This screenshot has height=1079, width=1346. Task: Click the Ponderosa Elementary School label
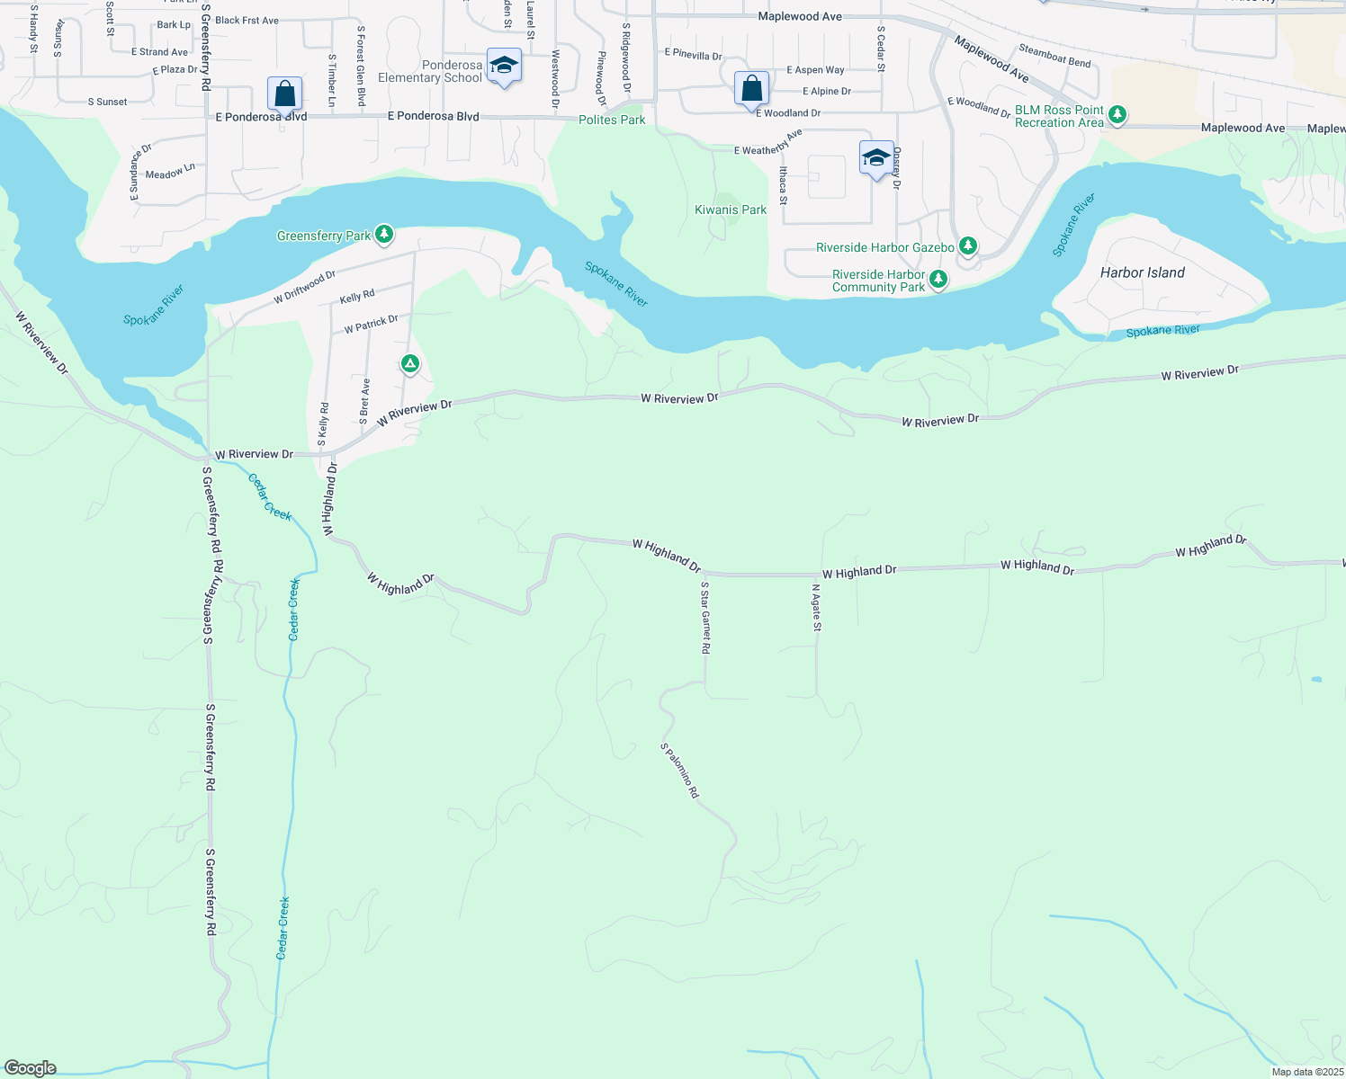point(430,72)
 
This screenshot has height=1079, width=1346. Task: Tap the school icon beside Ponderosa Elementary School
point(504,66)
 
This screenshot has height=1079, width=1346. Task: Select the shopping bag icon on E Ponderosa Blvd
point(284,94)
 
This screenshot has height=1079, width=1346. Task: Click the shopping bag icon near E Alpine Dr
point(751,89)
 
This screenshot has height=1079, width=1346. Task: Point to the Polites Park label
point(612,120)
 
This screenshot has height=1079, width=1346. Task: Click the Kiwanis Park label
point(731,210)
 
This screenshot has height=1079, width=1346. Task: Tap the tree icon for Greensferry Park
point(384,235)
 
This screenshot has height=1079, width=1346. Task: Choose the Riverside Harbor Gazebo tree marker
point(967,245)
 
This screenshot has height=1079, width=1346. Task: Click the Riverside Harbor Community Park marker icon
point(938,280)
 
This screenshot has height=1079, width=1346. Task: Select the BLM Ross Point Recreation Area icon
point(1117,114)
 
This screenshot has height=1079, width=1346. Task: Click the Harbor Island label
point(1143,272)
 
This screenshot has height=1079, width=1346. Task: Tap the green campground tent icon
point(409,364)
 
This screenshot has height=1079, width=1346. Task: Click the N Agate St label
point(817,608)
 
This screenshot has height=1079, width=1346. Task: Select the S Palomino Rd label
point(679,771)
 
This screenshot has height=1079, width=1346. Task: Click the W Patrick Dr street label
point(371,324)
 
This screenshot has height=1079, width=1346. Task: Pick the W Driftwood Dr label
point(304,287)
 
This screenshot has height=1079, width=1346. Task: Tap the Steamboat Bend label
point(1054,56)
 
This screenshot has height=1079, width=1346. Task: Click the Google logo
point(31,1068)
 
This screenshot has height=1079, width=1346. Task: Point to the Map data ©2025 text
point(1307,1072)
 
